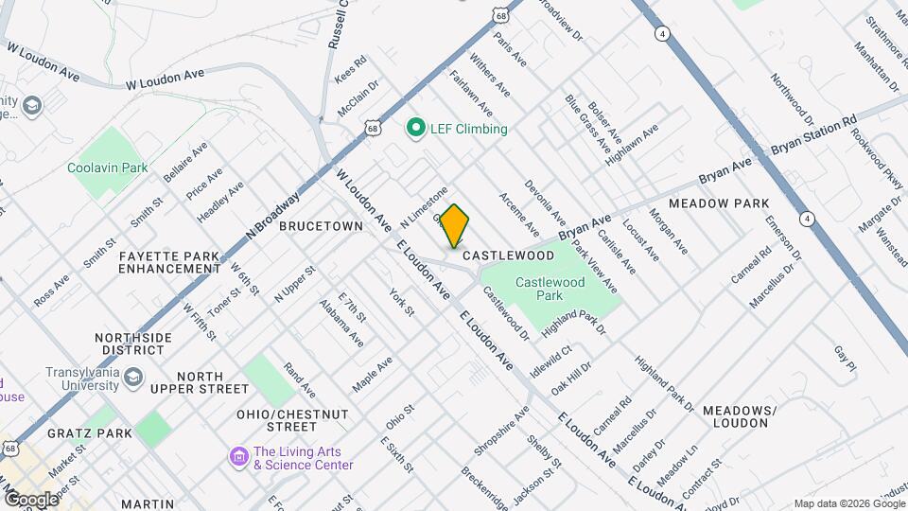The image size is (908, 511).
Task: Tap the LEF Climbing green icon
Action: click(x=414, y=128)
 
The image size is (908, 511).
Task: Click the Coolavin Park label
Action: click(x=108, y=167)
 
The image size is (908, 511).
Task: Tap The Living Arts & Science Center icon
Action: click(x=239, y=458)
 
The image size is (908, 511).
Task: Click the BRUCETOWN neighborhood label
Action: click(x=321, y=227)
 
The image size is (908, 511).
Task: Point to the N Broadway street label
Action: click(x=273, y=214)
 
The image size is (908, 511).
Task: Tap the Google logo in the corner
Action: click(x=30, y=499)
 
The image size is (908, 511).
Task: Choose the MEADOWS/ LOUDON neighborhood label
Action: click(x=740, y=416)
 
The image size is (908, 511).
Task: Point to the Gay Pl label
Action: click(x=845, y=358)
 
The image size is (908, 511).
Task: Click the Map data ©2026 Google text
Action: click(x=848, y=503)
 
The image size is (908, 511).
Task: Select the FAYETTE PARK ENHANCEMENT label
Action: click(x=170, y=262)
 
